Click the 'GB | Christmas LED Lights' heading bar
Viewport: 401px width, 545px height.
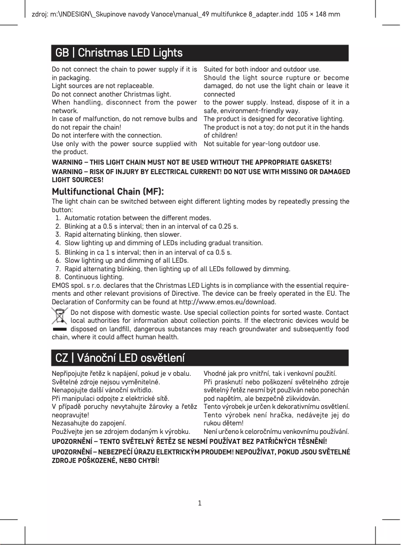tap(200, 53)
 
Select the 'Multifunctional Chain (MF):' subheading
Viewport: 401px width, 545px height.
tap(108, 192)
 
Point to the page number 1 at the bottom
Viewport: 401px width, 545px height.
tap(199, 502)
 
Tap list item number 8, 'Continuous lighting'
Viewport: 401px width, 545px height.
tap(94, 277)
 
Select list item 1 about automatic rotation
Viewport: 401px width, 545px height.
tap(137, 218)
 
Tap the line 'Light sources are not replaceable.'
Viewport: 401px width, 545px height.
tap(103, 86)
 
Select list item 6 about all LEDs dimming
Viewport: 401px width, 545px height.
tap(126, 260)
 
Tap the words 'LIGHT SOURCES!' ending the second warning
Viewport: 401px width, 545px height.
tap(78, 180)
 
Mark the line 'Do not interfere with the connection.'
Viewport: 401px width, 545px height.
tap(107, 135)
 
